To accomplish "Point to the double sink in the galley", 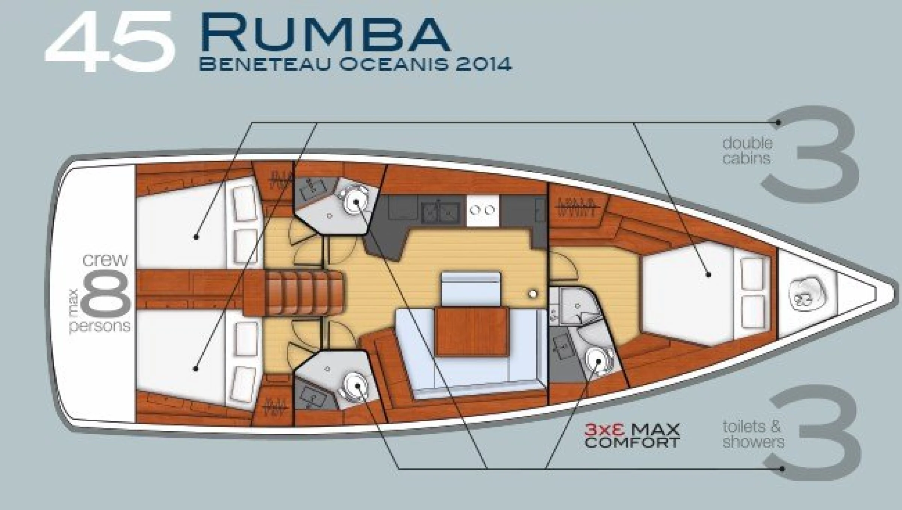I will (440, 213).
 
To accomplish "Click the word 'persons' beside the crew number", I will (100, 326).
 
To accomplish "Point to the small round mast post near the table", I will (533, 294).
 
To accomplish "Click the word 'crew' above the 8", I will (105, 260).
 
